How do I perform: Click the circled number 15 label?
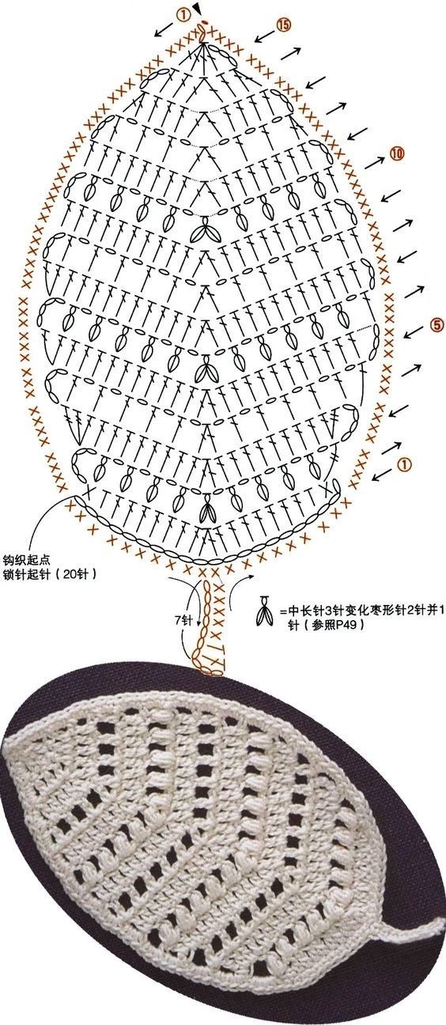tap(283, 25)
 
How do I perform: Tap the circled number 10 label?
tap(397, 153)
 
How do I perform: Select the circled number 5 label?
tap(437, 325)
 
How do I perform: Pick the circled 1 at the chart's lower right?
tap(405, 464)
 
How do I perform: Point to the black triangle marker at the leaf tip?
tap(196, 8)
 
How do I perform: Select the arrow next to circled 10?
tap(375, 162)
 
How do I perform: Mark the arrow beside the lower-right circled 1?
tap(383, 475)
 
